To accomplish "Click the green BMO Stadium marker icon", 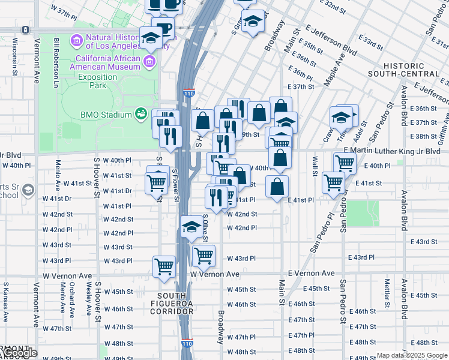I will (x=141, y=113).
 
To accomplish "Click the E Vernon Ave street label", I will (x=311, y=273).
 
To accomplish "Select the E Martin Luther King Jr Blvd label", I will (x=392, y=152).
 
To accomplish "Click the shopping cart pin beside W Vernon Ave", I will (x=164, y=266).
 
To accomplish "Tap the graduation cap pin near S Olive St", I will (x=191, y=227).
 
